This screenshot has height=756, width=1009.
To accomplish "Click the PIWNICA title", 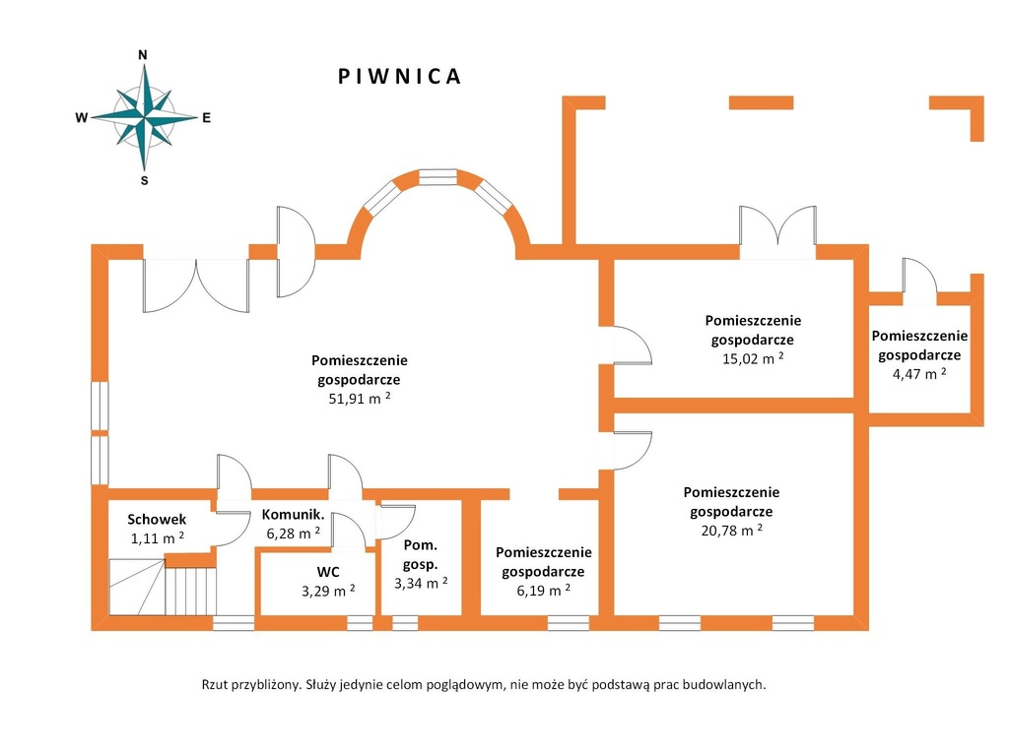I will (x=399, y=77).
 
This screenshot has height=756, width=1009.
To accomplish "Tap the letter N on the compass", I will (x=143, y=55).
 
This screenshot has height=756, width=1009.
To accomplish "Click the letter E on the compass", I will (x=207, y=118).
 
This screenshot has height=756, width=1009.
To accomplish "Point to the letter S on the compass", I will (x=144, y=181).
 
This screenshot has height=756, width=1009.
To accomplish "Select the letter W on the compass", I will (x=82, y=118).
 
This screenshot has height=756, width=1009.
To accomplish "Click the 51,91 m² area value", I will (x=360, y=398).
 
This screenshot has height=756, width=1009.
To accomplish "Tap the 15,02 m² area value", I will (x=753, y=358).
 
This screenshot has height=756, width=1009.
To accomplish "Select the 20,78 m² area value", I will (x=731, y=531).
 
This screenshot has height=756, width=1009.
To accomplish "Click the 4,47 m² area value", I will (x=915, y=373).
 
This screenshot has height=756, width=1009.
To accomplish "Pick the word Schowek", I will (x=157, y=520).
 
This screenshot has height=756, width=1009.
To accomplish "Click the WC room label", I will (x=329, y=571).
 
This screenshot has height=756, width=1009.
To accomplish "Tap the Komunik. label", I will (x=293, y=514).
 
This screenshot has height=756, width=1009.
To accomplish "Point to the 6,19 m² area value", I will (x=543, y=590).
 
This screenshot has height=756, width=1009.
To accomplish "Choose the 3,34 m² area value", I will (x=421, y=583).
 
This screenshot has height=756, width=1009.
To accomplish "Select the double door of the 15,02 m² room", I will (x=777, y=230).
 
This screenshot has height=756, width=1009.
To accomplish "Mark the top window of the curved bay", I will (x=438, y=177).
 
